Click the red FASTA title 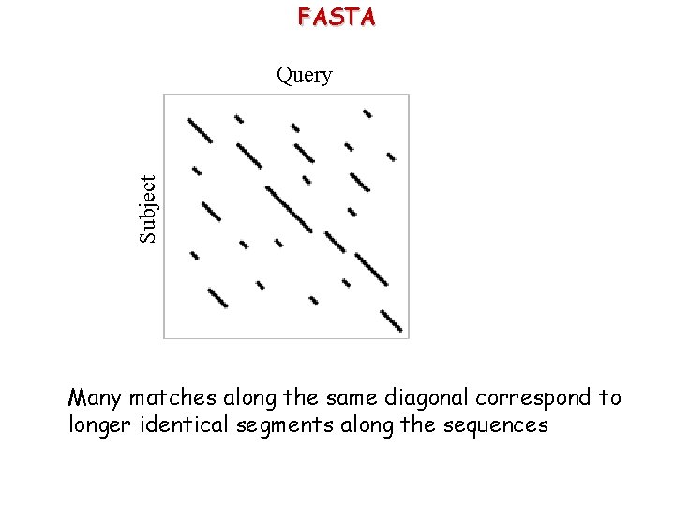click(337, 17)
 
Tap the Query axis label click(304, 75)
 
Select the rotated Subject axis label click(148, 209)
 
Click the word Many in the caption click(96, 398)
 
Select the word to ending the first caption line click(611, 398)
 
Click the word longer click(100, 425)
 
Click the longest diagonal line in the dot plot click(290, 208)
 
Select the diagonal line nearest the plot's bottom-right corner click(392, 320)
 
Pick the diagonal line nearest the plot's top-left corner click(200, 129)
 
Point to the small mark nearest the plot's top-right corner click(367, 113)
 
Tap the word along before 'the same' click(247, 398)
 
